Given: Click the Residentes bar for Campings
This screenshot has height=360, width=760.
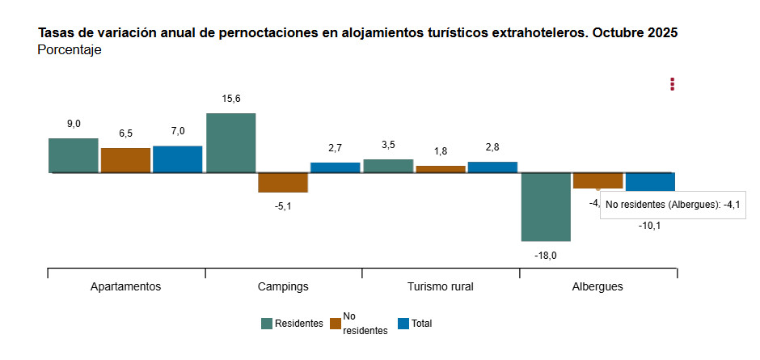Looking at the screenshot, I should click(230, 142).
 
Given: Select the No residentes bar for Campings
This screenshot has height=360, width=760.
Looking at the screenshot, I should click(283, 182).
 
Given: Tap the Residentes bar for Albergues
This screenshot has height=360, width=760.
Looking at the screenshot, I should click(546, 206).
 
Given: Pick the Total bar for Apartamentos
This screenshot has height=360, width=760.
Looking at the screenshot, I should click(178, 159).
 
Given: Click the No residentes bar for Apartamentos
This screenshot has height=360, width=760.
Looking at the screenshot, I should click(125, 160).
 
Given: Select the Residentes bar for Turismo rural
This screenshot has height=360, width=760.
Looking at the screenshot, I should click(388, 166).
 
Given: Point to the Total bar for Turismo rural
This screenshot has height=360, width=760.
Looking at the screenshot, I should click(492, 167).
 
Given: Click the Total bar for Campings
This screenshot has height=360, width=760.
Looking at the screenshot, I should click(336, 167).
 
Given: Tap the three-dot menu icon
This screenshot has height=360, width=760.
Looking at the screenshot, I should click(672, 84).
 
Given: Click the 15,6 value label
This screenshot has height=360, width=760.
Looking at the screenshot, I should click(231, 99).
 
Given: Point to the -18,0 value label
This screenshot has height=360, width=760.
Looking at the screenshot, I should click(546, 255).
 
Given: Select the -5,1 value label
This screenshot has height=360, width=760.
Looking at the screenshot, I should click(283, 206).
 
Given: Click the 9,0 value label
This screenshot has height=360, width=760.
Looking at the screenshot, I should click(74, 124).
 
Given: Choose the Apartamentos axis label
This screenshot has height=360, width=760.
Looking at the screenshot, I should click(125, 286).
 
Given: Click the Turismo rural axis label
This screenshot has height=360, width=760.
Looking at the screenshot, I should click(440, 286).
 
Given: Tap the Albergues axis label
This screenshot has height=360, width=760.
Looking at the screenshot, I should click(597, 286).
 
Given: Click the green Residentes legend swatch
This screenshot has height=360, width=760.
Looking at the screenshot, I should click(267, 324).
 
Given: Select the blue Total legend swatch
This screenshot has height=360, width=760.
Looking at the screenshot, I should click(403, 324).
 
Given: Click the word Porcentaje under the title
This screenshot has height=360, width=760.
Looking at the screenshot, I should click(70, 50).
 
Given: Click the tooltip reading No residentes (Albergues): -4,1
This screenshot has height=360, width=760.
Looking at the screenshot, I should click(672, 205).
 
